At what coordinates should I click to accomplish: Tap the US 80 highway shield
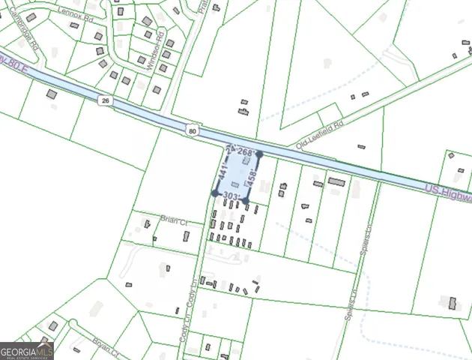[x=193, y=130]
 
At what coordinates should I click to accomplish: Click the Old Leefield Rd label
[x=319, y=133]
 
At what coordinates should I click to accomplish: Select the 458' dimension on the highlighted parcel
[x=252, y=178]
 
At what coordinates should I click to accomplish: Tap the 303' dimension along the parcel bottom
[x=231, y=196]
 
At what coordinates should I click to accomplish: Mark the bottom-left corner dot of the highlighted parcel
[x=215, y=193]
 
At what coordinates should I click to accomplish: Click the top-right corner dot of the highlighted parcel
[x=259, y=155]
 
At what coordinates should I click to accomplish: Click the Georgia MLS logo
[x=27, y=350]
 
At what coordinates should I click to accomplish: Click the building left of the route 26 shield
[x=51, y=95]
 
